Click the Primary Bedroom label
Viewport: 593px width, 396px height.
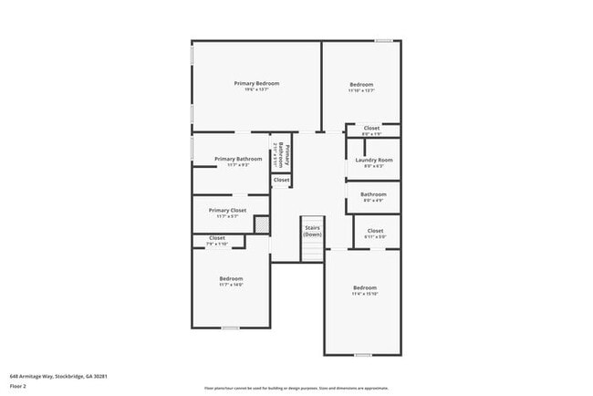tap(256, 83)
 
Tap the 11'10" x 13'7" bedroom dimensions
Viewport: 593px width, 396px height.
tap(361, 90)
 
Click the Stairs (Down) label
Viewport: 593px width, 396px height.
tap(313, 232)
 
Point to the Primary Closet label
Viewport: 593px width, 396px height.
tap(227, 210)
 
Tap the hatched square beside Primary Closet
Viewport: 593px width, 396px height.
tap(261, 224)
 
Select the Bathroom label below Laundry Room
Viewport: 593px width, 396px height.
tap(373, 193)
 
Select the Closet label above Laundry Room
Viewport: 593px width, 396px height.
tap(372, 128)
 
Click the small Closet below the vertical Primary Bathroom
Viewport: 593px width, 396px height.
tap(282, 180)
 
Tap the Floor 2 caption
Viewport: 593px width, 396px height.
tap(19, 386)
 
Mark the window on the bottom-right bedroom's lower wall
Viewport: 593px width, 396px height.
tap(363, 355)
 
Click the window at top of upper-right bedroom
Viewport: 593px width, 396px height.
tap(384, 40)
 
